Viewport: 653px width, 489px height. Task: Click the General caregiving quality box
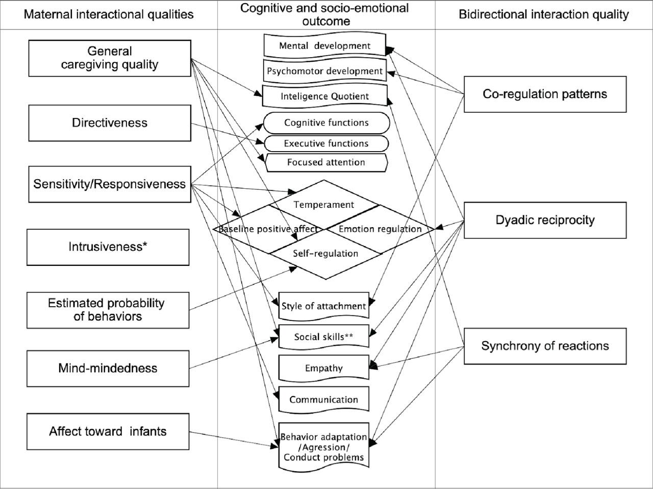point(110,58)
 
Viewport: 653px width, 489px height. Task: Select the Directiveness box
point(110,123)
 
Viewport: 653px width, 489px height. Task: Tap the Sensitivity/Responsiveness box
point(110,184)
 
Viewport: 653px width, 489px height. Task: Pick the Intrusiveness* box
point(108,247)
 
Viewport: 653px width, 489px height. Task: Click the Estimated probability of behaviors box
point(107,310)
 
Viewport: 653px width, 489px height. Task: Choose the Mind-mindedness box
point(108,368)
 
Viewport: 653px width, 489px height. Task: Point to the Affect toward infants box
point(108,431)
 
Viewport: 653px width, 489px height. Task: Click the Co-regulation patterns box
point(545,94)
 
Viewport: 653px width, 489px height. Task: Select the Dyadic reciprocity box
point(545,220)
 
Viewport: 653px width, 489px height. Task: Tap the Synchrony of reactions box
point(545,346)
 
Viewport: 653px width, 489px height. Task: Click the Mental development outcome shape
point(324,45)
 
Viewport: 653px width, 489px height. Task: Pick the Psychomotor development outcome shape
point(324,71)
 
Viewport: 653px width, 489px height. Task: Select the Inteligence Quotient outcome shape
point(324,96)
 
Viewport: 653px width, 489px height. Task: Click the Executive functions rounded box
point(326,143)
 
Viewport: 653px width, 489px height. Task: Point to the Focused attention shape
point(326,162)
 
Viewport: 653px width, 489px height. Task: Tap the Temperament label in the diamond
point(324,205)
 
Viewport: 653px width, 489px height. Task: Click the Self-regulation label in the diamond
point(325,253)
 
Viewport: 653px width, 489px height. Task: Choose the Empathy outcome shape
point(324,368)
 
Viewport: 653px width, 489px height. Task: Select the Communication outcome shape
point(324,400)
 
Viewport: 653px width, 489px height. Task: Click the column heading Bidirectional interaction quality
point(544,14)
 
